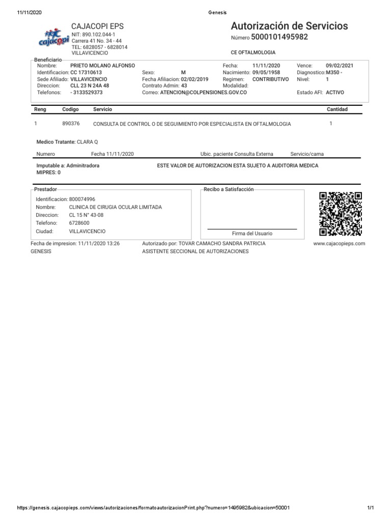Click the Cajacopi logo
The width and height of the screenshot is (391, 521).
(54, 37)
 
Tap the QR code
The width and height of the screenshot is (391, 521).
(340, 214)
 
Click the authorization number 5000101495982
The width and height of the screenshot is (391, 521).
(280, 37)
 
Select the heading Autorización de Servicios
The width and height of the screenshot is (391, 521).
(289, 25)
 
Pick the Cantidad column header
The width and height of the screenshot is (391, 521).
(337, 109)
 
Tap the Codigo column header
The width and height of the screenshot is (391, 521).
(70, 109)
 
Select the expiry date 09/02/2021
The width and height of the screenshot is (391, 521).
(340, 66)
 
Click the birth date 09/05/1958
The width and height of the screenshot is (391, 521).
(266, 73)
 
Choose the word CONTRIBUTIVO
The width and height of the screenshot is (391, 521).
(270, 79)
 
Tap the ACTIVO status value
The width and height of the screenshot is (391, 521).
(335, 93)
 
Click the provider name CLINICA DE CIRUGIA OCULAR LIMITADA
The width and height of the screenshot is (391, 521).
(115, 207)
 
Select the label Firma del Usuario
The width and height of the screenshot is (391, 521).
(252, 234)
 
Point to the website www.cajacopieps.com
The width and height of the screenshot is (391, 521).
(340, 244)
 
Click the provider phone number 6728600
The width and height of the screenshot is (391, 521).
(79, 223)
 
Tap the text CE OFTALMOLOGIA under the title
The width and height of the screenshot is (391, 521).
(253, 52)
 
